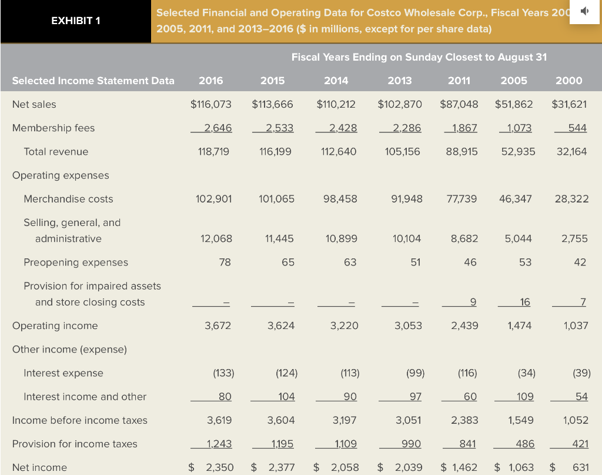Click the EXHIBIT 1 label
[75, 21]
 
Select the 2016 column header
[211, 81]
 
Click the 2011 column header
[459, 81]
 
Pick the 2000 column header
[568, 81]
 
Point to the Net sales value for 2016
[211, 104]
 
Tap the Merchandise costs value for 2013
[406, 199]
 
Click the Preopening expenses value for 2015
[287, 262]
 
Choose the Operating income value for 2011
[464, 325]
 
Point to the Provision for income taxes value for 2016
[218, 444]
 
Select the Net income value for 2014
[345, 467]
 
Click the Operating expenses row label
[61, 175]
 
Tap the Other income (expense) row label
[69, 349]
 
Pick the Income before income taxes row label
[80, 420]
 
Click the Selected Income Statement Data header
[93, 81]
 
